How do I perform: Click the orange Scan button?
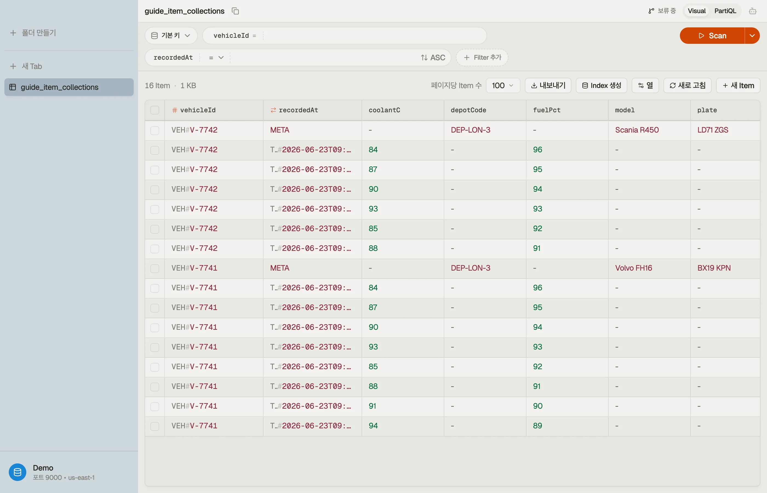(712, 36)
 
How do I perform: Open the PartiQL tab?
(725, 11)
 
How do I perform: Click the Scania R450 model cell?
(637, 130)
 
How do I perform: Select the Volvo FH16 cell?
(634, 268)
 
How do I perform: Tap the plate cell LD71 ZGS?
(712, 130)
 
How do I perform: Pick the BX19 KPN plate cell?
(714, 268)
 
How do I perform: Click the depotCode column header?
(468, 110)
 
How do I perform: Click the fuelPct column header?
(546, 110)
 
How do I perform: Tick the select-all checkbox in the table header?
(154, 110)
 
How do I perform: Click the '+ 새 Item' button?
(738, 85)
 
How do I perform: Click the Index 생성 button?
(601, 85)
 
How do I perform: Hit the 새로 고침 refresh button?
(687, 85)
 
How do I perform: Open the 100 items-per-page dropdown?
(503, 85)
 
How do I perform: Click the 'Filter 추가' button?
(482, 58)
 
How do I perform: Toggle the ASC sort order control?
(433, 58)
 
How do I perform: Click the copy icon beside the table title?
(235, 11)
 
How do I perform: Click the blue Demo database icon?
(18, 472)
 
